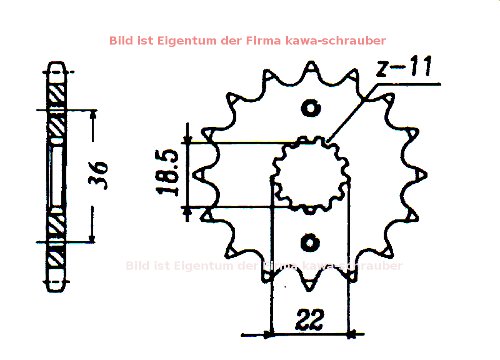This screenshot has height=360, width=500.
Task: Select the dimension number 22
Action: (x=309, y=321)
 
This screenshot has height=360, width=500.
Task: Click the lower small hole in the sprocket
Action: (x=309, y=241)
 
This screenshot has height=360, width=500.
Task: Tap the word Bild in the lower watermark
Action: (x=139, y=265)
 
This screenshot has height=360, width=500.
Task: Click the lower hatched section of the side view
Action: (x=57, y=250)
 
